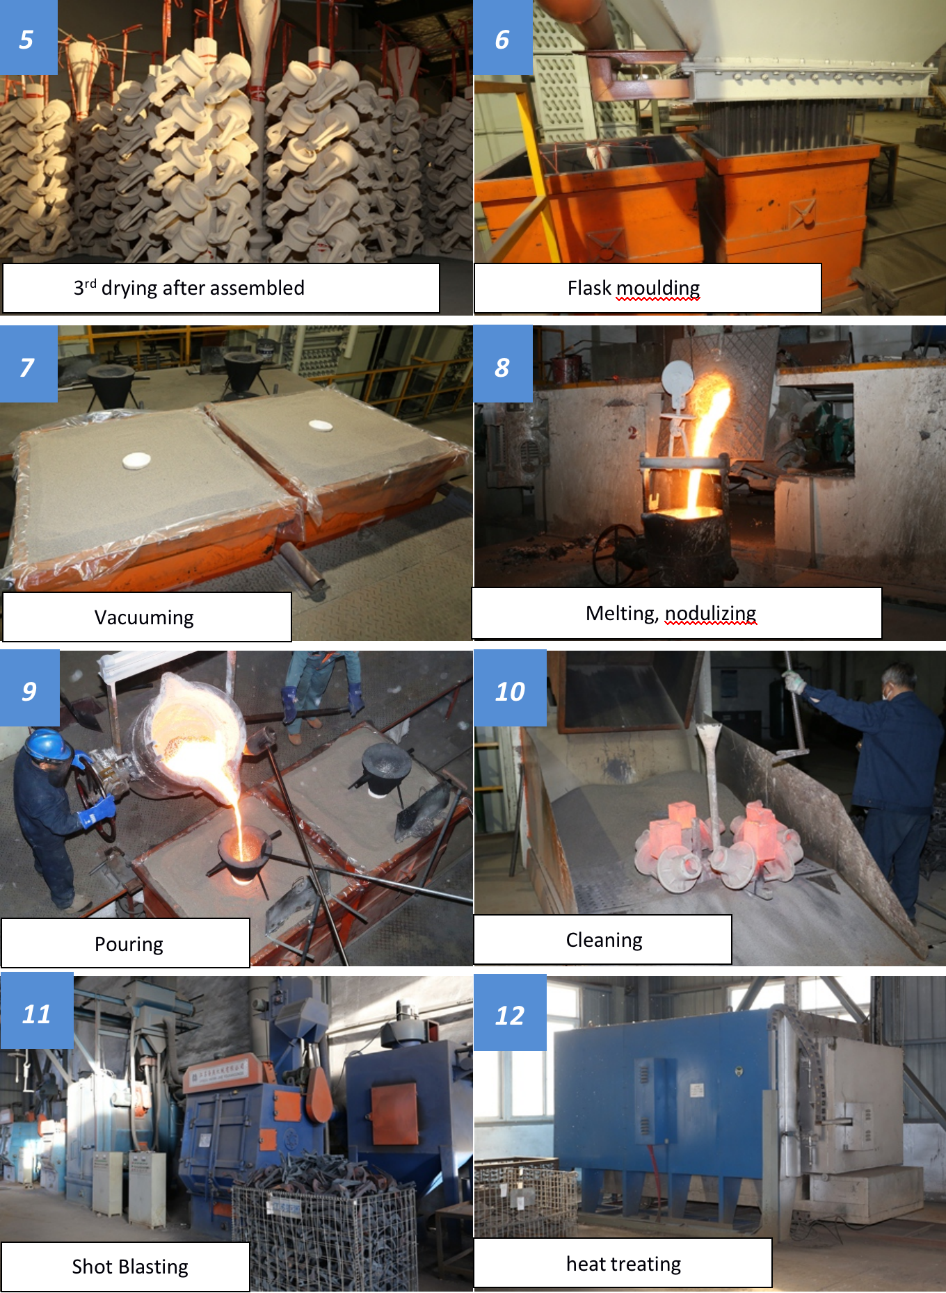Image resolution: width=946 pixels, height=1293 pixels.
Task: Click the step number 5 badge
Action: click(x=28, y=38)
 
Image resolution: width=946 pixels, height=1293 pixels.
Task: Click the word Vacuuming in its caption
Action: click(x=144, y=617)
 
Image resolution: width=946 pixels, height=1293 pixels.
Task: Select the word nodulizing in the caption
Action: click(x=710, y=613)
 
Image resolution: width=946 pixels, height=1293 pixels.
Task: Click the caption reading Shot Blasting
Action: click(x=130, y=1267)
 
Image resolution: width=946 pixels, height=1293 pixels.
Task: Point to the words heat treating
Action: click(x=623, y=1263)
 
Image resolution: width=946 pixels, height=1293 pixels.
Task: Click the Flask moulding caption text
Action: click(x=633, y=288)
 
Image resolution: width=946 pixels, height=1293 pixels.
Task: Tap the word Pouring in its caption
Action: click(x=129, y=944)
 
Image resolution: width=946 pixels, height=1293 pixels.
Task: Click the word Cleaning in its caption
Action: click(x=604, y=940)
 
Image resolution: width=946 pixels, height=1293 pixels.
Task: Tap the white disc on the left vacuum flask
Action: click(x=136, y=460)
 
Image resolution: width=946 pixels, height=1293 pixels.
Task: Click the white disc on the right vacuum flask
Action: click(x=320, y=425)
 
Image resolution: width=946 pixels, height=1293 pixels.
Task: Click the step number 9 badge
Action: click(x=29, y=690)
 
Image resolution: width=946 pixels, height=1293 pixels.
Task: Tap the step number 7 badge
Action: click(x=28, y=366)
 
